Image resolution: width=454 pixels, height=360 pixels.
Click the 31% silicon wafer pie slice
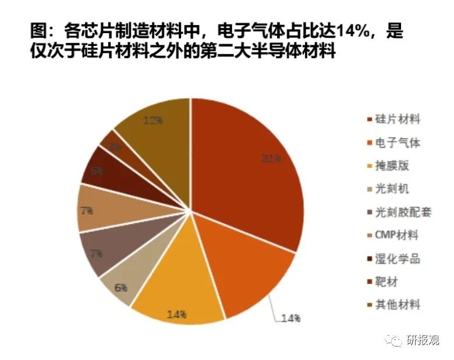pyautogui.click(x=244, y=169)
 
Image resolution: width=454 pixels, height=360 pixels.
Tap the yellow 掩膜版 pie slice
pyautogui.click(x=180, y=285)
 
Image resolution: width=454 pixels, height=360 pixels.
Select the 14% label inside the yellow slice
pyautogui.click(x=176, y=314)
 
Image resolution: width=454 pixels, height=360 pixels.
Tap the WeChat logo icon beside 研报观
pyautogui.click(x=396, y=340)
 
